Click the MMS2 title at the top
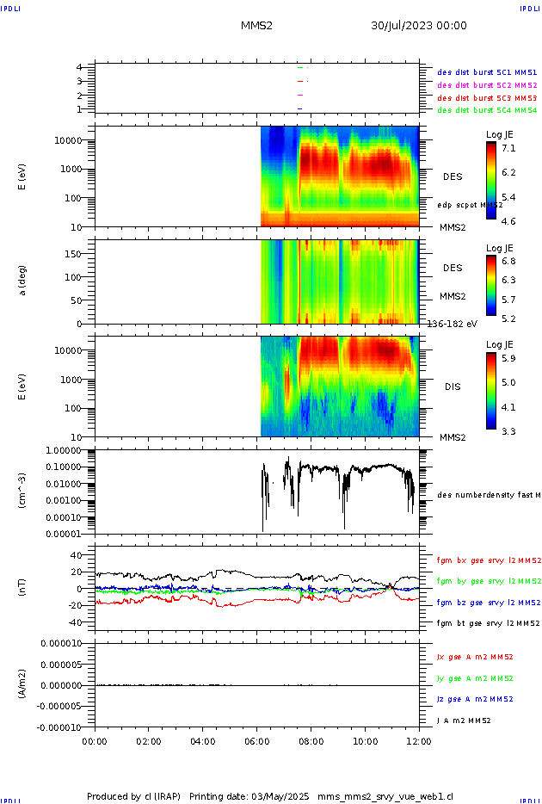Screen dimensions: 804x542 click(x=256, y=26)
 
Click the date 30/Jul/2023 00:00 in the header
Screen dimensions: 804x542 click(x=418, y=26)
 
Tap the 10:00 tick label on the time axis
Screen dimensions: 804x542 click(x=365, y=739)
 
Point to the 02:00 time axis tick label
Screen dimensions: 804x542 click(x=148, y=739)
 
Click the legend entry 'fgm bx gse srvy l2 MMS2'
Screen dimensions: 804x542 click(x=487, y=560)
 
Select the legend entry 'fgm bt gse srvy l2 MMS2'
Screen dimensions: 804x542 click(x=487, y=623)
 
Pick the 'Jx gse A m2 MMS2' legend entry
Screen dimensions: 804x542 click(x=475, y=657)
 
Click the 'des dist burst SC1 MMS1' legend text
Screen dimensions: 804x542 click(x=487, y=73)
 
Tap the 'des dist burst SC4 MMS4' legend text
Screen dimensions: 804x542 click(x=487, y=110)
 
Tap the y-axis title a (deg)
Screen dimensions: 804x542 click(x=23, y=280)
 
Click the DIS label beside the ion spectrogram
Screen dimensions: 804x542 click(x=452, y=387)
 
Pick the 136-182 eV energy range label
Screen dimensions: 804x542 click(x=451, y=323)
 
